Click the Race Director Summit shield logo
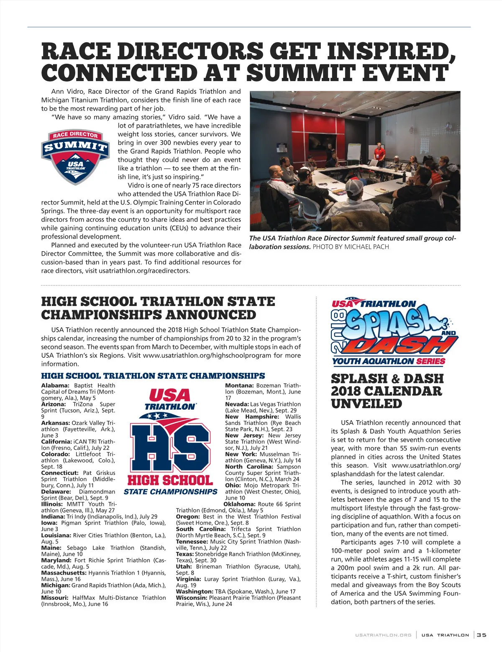click(75, 157)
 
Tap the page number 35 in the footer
click(482, 635)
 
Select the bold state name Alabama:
click(55, 385)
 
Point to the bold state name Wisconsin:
click(192, 598)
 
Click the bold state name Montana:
click(239, 385)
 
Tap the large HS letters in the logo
click(170, 447)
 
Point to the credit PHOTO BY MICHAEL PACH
click(351, 247)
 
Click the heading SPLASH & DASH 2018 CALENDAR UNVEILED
click(387, 391)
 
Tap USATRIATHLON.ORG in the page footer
click(383, 635)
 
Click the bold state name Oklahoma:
click(240, 504)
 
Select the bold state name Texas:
click(184, 554)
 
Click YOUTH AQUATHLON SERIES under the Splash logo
click(389, 361)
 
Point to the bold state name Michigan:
click(56, 585)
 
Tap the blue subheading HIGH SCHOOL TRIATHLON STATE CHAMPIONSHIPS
click(153, 376)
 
